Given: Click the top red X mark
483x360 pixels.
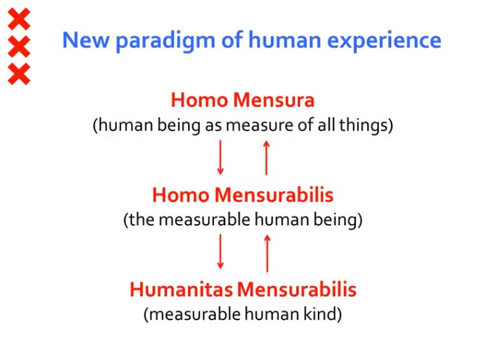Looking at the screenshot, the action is (19, 19).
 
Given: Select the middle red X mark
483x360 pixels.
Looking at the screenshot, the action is (19, 47).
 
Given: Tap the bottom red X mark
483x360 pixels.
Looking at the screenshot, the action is (19, 74).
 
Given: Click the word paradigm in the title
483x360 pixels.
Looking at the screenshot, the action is (165, 41).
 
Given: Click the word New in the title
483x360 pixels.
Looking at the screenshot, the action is (86, 40).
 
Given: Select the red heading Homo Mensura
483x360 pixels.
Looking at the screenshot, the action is (242, 100).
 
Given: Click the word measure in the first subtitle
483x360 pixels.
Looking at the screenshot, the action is (260, 126).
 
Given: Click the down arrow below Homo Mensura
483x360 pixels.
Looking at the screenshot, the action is (221, 157).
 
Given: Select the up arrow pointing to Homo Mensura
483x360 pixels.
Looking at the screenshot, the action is (266, 157).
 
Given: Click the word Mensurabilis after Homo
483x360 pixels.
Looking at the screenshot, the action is (274, 195).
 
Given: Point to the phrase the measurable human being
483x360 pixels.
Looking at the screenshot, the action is (242, 220).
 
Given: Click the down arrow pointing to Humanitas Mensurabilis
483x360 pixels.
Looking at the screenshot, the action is (221, 252).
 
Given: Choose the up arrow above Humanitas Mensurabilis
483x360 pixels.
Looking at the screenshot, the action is (267, 253).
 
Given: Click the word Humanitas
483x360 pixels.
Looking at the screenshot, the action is (181, 289).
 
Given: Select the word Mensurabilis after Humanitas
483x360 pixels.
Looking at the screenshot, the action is (297, 289).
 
